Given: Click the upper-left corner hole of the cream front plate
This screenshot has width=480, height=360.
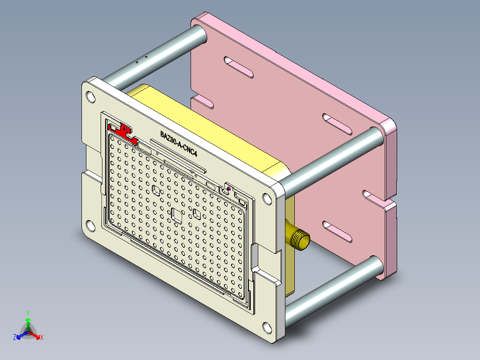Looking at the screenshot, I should (90, 96).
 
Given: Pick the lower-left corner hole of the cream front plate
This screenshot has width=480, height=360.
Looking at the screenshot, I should (90, 226).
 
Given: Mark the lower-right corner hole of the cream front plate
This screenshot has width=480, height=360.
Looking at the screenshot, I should (267, 328).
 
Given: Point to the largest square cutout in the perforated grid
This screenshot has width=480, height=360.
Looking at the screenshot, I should (177, 215).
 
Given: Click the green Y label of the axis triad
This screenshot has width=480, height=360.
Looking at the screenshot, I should (28, 313).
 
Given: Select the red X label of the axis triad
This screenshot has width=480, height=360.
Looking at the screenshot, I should (41, 337).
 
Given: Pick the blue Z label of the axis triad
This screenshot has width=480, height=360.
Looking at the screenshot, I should (15, 337).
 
